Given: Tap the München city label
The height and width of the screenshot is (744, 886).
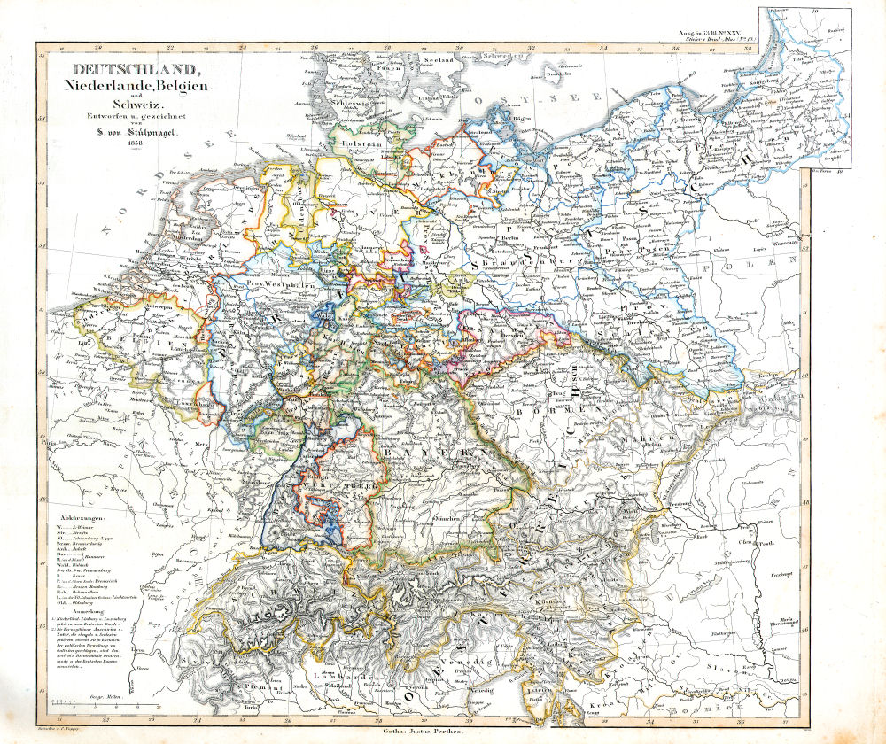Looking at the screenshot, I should click(447, 515).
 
